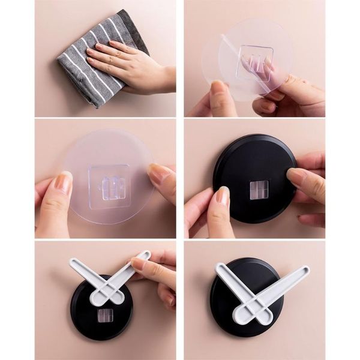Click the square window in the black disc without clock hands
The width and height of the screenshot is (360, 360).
pos(259,190)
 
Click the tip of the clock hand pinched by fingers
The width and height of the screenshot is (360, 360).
pos(143,256)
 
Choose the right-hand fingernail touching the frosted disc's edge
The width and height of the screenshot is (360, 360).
pos(157,175)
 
